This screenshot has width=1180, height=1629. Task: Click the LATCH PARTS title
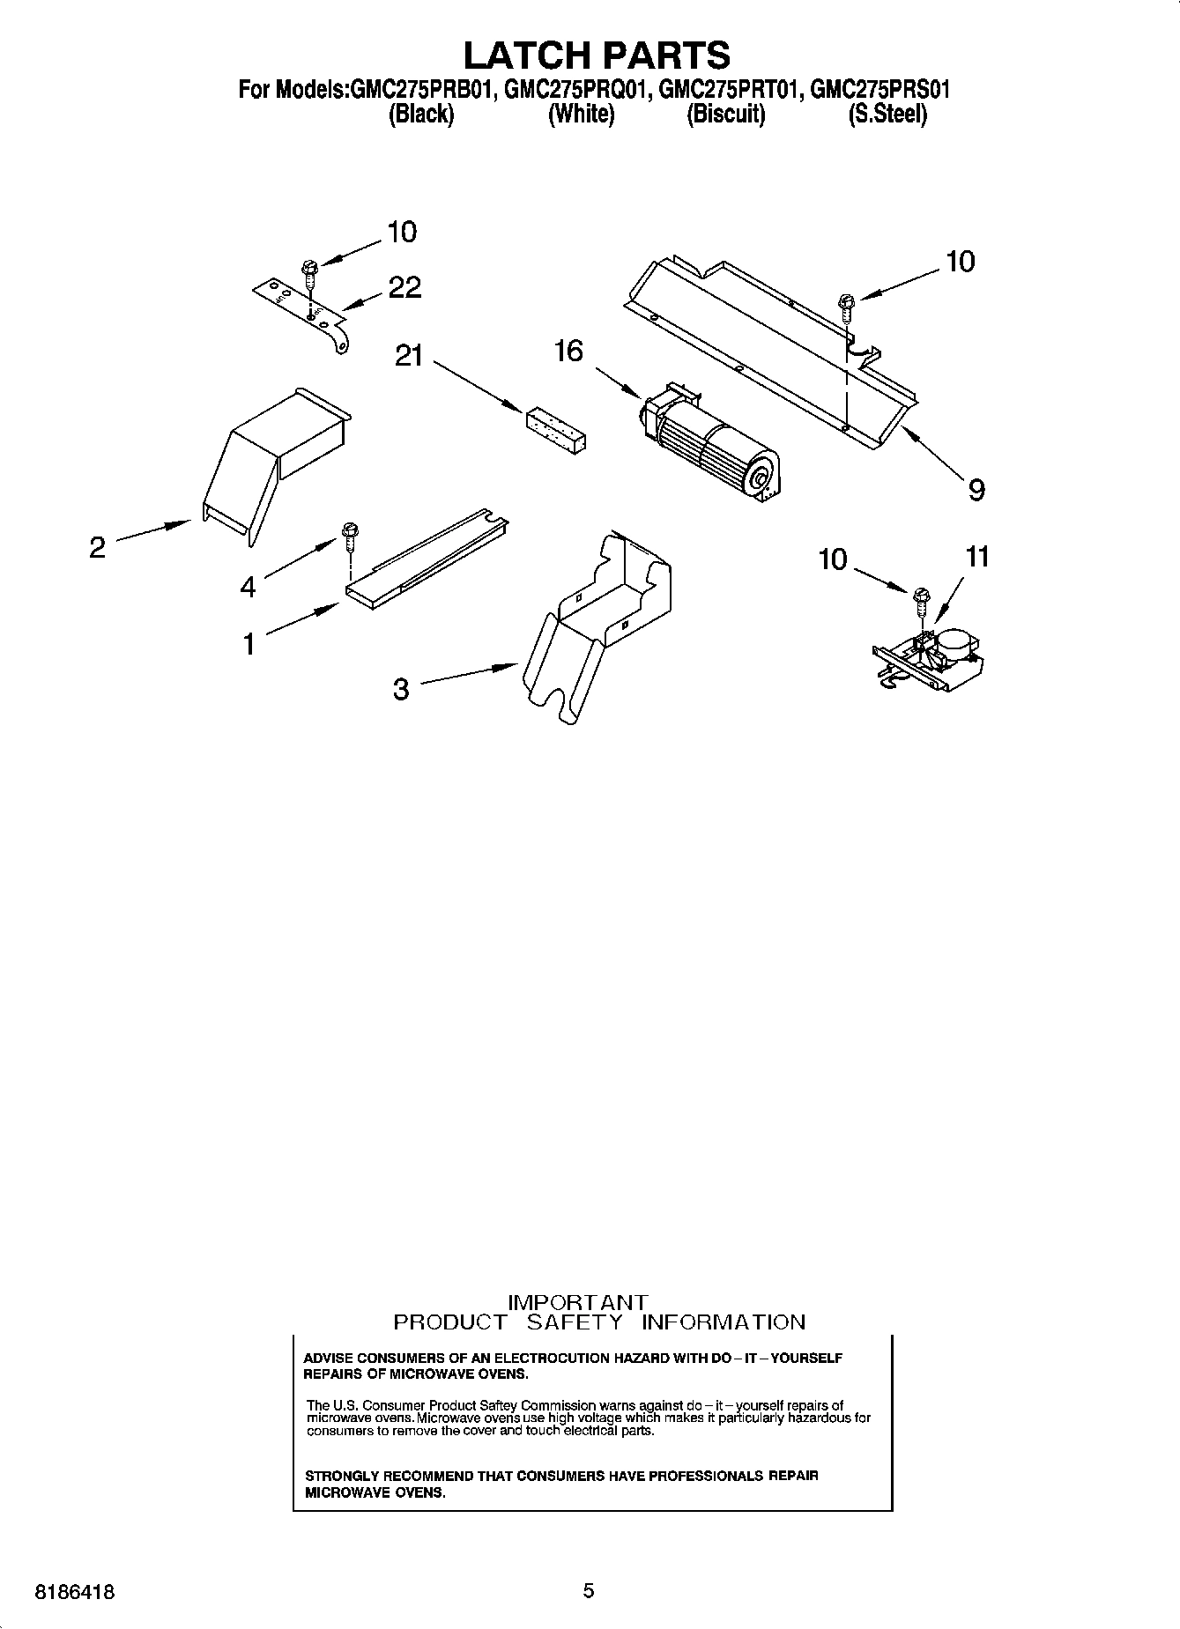597,55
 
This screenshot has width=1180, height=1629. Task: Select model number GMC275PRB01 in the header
420,90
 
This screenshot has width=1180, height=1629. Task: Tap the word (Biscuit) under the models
725,115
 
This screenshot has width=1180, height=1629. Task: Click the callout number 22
404,287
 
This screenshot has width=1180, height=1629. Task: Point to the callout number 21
408,357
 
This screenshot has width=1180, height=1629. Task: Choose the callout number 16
568,351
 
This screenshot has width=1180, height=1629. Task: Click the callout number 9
976,490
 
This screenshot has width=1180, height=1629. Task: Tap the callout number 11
977,557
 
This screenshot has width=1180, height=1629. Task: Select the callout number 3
401,688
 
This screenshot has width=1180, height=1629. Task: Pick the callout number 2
97,547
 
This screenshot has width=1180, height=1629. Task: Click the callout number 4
249,586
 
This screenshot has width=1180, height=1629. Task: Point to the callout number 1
249,644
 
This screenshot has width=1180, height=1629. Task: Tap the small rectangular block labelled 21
558,432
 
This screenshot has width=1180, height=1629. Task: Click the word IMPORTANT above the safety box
579,1301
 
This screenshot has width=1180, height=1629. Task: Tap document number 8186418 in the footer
74,1591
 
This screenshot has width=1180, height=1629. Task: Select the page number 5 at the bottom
589,1590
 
